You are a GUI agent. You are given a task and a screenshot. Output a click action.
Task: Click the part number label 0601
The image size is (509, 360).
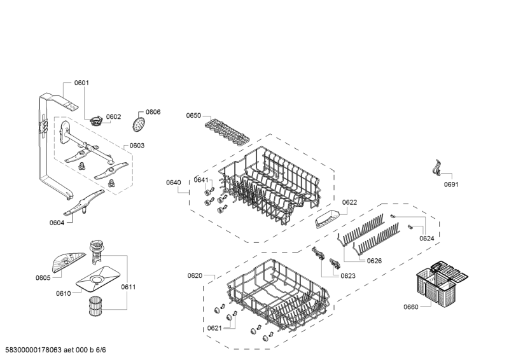coord(81,83)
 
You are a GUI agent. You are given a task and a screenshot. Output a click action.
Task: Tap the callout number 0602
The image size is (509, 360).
coord(113,117)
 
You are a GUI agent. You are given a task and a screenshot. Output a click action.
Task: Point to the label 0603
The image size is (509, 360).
coord(137,145)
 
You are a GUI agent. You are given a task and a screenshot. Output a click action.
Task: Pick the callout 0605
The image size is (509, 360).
coord(43,278)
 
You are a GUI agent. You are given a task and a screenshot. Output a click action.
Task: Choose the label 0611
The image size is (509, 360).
coord(128,287)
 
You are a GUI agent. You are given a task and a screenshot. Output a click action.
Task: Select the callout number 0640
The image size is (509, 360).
coord(174,183)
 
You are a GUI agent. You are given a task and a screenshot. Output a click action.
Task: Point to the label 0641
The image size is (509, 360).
coord(201,180)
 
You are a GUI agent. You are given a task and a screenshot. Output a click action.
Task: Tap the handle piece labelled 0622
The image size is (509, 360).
coord(326,218)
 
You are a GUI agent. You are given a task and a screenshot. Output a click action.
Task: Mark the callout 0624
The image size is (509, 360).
coord(426,239)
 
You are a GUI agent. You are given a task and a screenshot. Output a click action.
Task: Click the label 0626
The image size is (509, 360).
coord(374,260)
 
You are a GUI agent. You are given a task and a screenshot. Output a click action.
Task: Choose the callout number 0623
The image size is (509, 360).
coord(347,276)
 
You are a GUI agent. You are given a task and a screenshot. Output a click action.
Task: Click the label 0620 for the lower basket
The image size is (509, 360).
coord(195,275)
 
